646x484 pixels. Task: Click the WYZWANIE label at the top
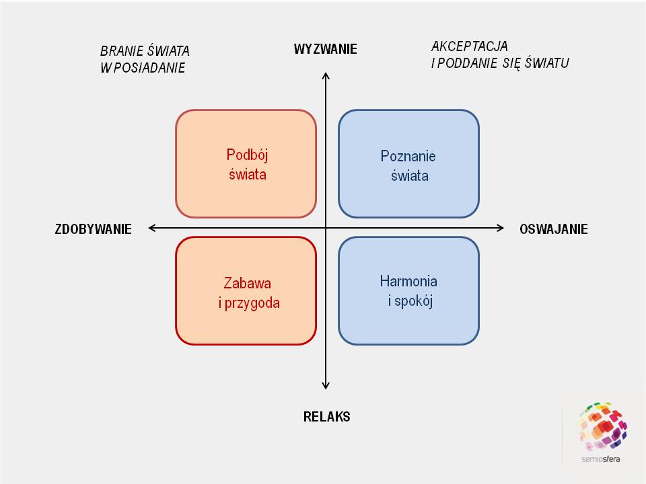(x=325, y=49)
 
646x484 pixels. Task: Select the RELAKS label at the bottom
(x=326, y=417)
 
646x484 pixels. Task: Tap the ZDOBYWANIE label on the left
(x=93, y=229)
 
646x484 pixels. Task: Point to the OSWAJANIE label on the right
(x=553, y=229)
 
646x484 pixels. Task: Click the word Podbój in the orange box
(x=247, y=155)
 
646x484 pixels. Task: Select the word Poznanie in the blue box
(x=408, y=157)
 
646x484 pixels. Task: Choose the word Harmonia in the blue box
(x=408, y=281)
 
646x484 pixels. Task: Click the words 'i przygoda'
(x=249, y=303)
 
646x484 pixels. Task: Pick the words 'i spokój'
(x=410, y=301)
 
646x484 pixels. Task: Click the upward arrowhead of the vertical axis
(x=326, y=76)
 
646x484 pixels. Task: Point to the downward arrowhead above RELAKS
(x=326, y=386)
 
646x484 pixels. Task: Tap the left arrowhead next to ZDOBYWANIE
(x=152, y=229)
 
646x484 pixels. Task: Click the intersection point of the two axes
(x=326, y=229)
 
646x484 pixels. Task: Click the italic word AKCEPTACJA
(x=469, y=46)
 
